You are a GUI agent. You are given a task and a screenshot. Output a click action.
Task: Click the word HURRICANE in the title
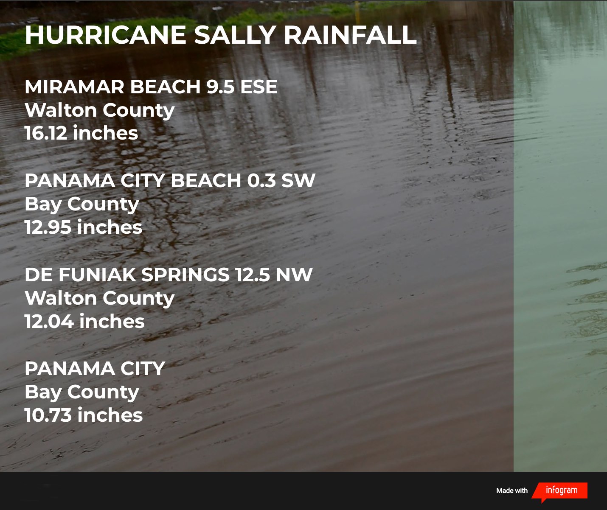click(106, 35)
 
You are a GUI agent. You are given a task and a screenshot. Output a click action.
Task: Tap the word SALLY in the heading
click(235, 35)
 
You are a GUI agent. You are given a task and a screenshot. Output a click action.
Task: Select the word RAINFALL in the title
click(350, 35)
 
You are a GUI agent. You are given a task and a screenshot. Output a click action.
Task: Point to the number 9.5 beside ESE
click(220, 87)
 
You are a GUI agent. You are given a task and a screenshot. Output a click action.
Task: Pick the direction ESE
click(259, 87)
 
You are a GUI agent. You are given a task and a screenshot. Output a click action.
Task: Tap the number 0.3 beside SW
click(261, 180)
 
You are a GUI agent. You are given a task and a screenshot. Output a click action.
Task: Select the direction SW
click(298, 180)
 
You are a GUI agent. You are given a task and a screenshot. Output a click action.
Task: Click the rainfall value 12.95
click(48, 227)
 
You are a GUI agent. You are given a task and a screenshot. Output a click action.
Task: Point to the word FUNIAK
click(97, 275)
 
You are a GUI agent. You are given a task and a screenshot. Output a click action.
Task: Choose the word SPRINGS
click(185, 275)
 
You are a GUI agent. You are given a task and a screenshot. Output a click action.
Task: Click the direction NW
click(294, 275)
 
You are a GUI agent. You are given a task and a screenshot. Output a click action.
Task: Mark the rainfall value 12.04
click(49, 321)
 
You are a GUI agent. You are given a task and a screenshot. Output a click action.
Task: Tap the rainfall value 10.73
click(48, 415)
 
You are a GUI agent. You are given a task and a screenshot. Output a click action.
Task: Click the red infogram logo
click(559, 491)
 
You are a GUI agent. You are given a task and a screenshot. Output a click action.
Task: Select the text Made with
click(512, 490)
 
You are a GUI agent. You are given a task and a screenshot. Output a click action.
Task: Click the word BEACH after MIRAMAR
click(166, 87)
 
